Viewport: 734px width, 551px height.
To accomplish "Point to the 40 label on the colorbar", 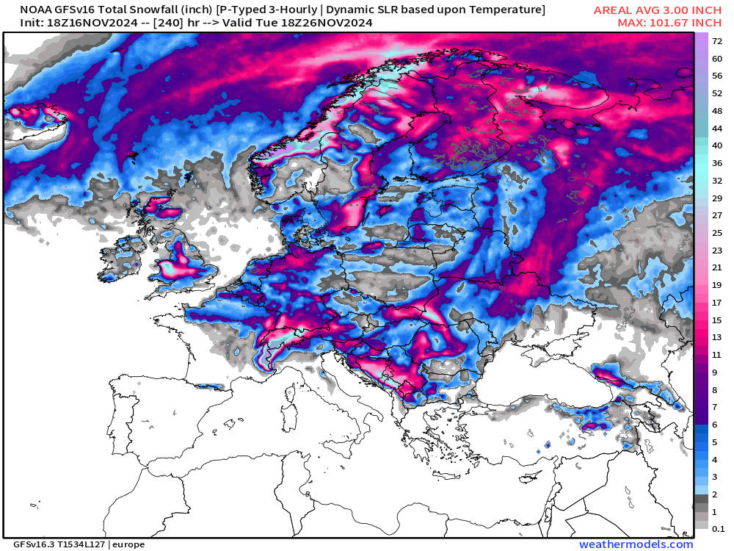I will point(717,145).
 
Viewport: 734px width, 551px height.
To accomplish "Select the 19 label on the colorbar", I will point(717,285).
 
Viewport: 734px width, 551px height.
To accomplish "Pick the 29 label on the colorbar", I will point(717,198).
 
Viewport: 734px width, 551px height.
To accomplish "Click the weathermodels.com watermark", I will point(636,544).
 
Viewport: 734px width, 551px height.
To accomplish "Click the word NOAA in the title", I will point(35,10).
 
